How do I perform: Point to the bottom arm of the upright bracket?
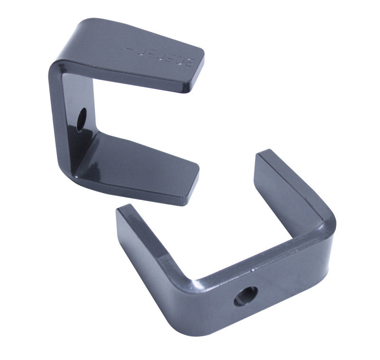(x=142, y=164)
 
